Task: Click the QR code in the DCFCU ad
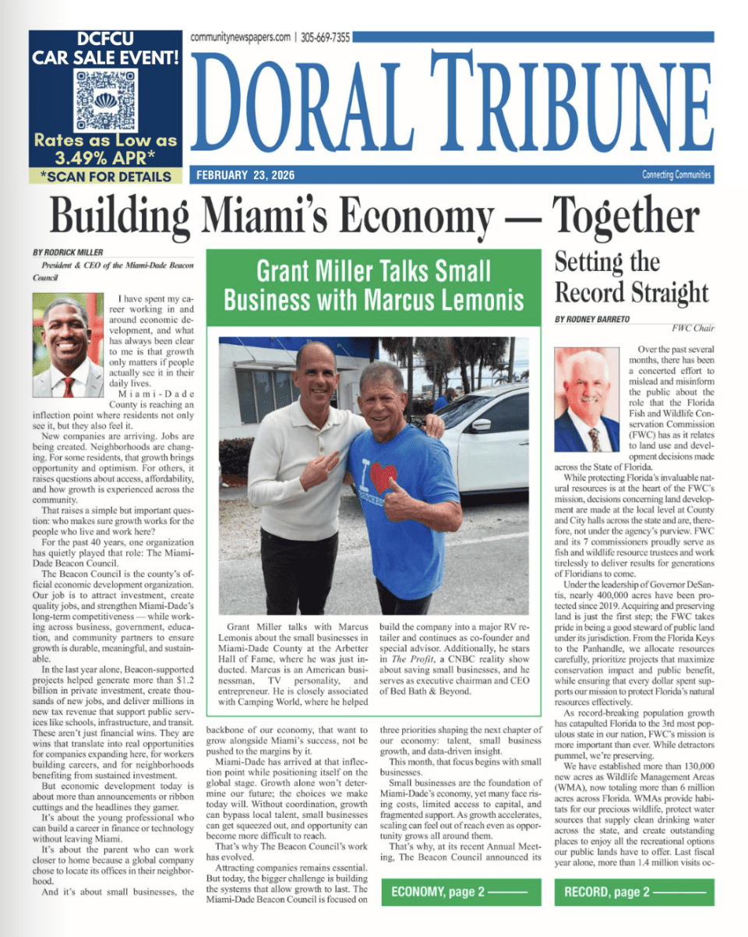[106, 100]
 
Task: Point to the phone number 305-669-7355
[325, 37]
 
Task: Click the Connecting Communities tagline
[676, 175]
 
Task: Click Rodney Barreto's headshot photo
[587, 400]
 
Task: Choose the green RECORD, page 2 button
[636, 892]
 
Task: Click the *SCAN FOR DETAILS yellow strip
[105, 176]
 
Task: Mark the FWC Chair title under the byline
[692, 330]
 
